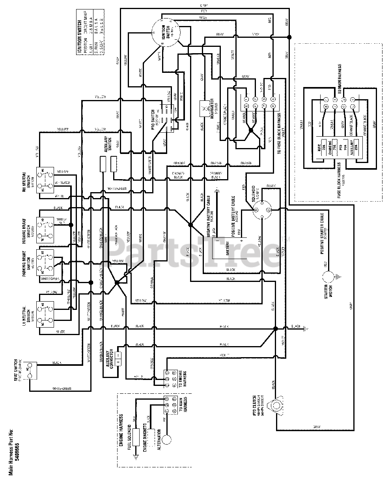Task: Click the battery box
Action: point(228,250)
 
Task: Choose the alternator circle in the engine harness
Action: point(168,439)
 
